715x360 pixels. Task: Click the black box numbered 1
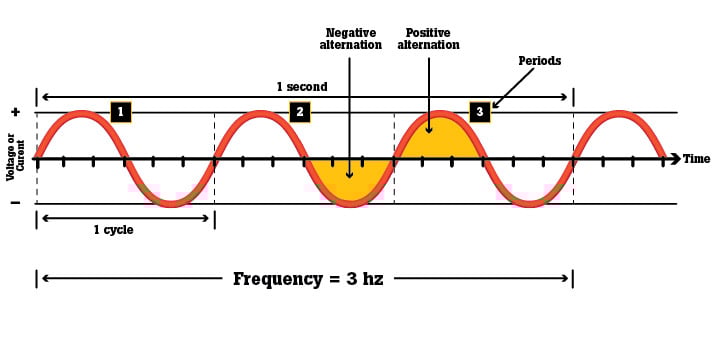pyautogui.click(x=120, y=112)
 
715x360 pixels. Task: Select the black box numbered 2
pyautogui.click(x=299, y=112)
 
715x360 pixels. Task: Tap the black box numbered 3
pyautogui.click(x=479, y=112)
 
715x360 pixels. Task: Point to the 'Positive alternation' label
pyautogui.click(x=429, y=38)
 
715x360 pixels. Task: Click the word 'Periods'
pyautogui.click(x=539, y=61)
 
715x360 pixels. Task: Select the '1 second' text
pyautogui.click(x=302, y=87)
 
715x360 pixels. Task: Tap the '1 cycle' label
pyautogui.click(x=113, y=230)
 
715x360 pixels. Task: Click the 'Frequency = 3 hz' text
pyautogui.click(x=308, y=279)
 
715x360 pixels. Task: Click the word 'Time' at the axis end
pyautogui.click(x=697, y=159)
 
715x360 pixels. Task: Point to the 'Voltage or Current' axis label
pyautogui.click(x=14, y=160)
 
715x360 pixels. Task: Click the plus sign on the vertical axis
pyautogui.click(x=14, y=112)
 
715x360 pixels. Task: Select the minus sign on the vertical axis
pyautogui.click(x=14, y=203)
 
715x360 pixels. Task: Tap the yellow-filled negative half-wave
pyautogui.click(x=349, y=178)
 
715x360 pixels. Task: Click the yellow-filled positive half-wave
pyautogui.click(x=439, y=140)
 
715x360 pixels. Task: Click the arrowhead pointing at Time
pyautogui.click(x=676, y=159)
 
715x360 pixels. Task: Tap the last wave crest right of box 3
pyautogui.click(x=619, y=114)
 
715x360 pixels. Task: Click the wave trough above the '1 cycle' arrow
pyautogui.click(x=171, y=203)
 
